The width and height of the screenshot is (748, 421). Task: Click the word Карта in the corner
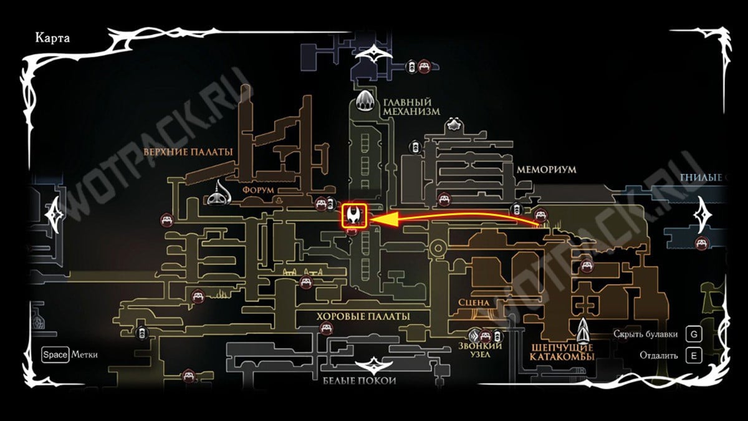[53, 38]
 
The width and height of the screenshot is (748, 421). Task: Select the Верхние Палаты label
[188, 152]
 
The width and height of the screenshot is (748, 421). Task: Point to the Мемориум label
[546, 170]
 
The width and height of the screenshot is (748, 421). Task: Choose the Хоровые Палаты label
[363, 316]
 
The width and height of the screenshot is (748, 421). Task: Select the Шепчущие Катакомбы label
[562, 352]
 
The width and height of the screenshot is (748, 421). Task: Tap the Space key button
[55, 355]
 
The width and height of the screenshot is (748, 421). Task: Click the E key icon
[693, 356]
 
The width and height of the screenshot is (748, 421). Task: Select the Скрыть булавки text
[645, 334]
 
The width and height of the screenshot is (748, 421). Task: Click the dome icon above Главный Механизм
[366, 100]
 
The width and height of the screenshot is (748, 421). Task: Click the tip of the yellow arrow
[372, 220]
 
